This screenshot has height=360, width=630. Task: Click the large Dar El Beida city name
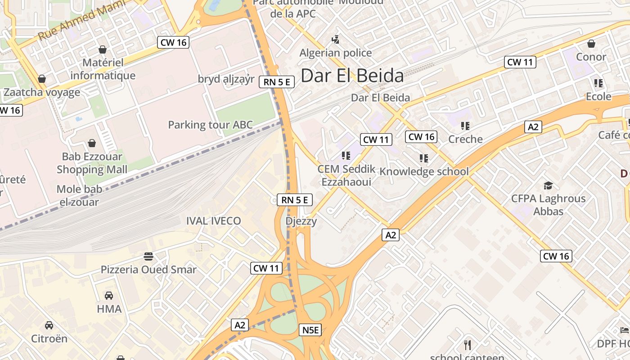coord(352,76)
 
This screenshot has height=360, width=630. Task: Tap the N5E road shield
coord(310,330)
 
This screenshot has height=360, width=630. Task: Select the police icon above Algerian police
coord(335,40)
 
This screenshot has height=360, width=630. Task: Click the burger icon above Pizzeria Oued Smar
coord(148,256)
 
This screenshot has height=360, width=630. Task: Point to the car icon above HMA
coord(109,296)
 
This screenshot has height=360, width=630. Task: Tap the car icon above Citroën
coord(49,325)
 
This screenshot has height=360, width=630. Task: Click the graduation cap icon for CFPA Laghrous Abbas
coord(548,185)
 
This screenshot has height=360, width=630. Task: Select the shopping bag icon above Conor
coord(591,44)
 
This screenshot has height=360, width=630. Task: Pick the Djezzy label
coord(301,221)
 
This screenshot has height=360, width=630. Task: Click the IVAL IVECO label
coord(214,221)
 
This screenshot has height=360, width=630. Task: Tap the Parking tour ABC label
coord(211,125)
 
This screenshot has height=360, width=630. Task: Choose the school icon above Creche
coord(465,126)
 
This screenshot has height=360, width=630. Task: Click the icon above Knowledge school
coord(423,158)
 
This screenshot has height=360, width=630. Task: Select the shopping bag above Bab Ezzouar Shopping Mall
coord(92,144)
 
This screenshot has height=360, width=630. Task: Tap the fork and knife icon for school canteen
coord(468,345)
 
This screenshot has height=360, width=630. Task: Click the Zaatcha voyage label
coord(42,92)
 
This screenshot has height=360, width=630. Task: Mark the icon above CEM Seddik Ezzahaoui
coord(346,156)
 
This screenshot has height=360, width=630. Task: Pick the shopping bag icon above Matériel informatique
coord(103,49)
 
